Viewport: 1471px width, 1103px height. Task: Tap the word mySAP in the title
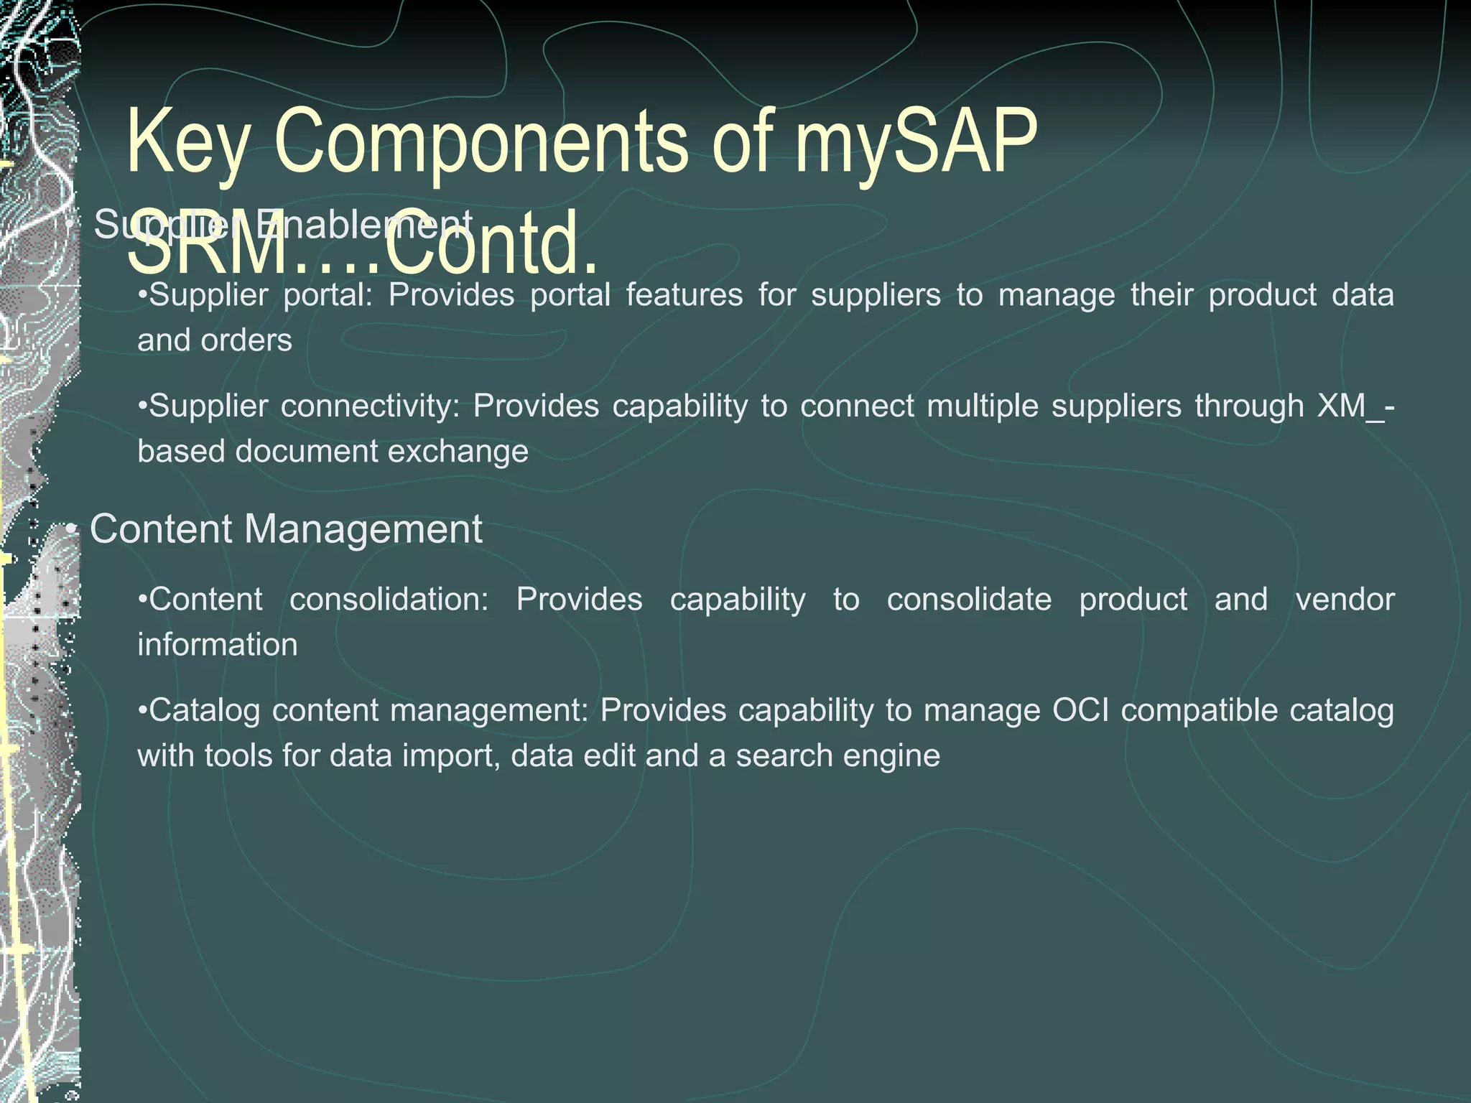point(916,142)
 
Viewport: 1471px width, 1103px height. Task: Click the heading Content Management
point(286,529)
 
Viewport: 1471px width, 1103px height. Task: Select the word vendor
point(1345,600)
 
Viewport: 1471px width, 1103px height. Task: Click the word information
point(218,645)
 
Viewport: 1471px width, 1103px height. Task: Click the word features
point(685,296)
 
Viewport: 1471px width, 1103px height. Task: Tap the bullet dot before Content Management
point(70,531)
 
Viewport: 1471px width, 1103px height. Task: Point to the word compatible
point(1198,711)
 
